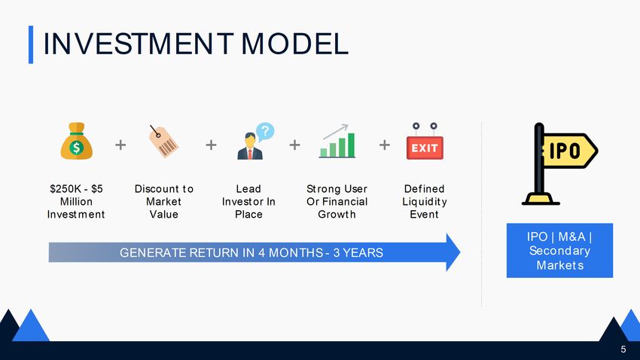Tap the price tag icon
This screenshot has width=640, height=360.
[163, 142]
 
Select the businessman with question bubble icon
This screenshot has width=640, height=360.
[255, 141]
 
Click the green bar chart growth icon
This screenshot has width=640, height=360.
[337, 142]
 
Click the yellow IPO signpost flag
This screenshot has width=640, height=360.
[559, 163]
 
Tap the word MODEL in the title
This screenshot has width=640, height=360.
[294, 44]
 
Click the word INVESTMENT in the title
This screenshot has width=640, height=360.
[139, 44]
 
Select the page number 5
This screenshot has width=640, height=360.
[623, 349]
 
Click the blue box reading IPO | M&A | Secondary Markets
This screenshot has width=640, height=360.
[559, 251]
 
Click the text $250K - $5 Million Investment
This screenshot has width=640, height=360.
[76, 202]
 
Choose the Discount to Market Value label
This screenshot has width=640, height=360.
[163, 202]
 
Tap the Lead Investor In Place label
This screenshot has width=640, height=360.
[248, 202]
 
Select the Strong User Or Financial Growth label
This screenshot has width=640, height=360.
[337, 202]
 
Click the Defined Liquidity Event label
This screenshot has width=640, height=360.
[425, 202]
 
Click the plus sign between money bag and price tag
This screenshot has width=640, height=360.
[120, 145]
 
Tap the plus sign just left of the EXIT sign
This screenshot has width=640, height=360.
[385, 145]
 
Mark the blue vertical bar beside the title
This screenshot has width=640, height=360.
[31, 44]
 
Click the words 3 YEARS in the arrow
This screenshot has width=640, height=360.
[358, 252]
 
